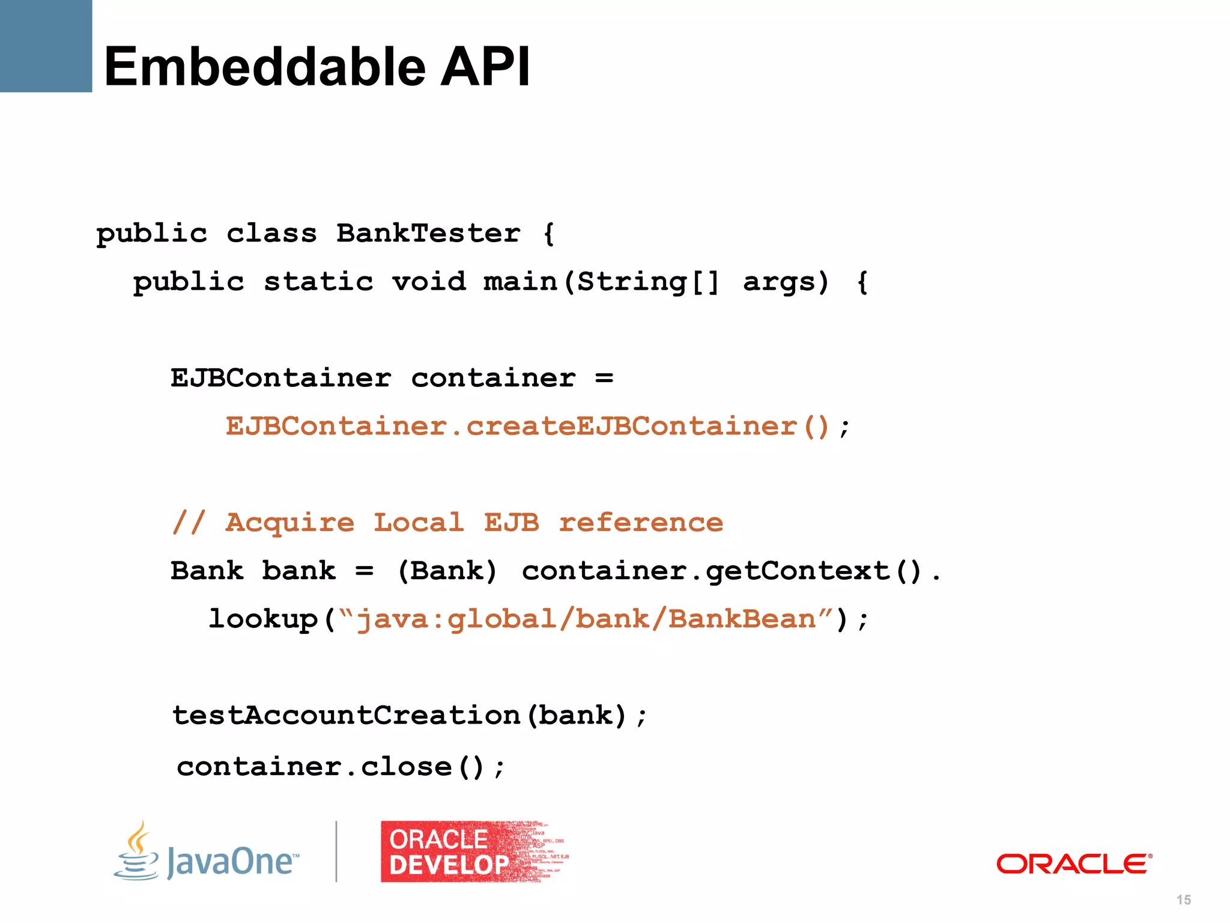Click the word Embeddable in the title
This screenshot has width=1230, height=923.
264,67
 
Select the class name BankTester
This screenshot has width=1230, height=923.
428,233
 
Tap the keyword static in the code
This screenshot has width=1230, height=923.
318,282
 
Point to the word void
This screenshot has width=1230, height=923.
429,282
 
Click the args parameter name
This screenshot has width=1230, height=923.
785,282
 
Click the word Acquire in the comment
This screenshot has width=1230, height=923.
290,522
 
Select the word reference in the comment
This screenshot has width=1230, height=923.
641,522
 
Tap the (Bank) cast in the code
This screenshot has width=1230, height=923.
447,571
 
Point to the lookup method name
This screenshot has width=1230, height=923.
263,619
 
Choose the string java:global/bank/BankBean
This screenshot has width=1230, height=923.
586,619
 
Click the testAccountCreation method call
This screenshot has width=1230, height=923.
346,715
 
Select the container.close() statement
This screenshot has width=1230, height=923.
341,767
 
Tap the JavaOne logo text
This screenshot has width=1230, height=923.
231,861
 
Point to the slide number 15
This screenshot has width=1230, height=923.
1184,900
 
